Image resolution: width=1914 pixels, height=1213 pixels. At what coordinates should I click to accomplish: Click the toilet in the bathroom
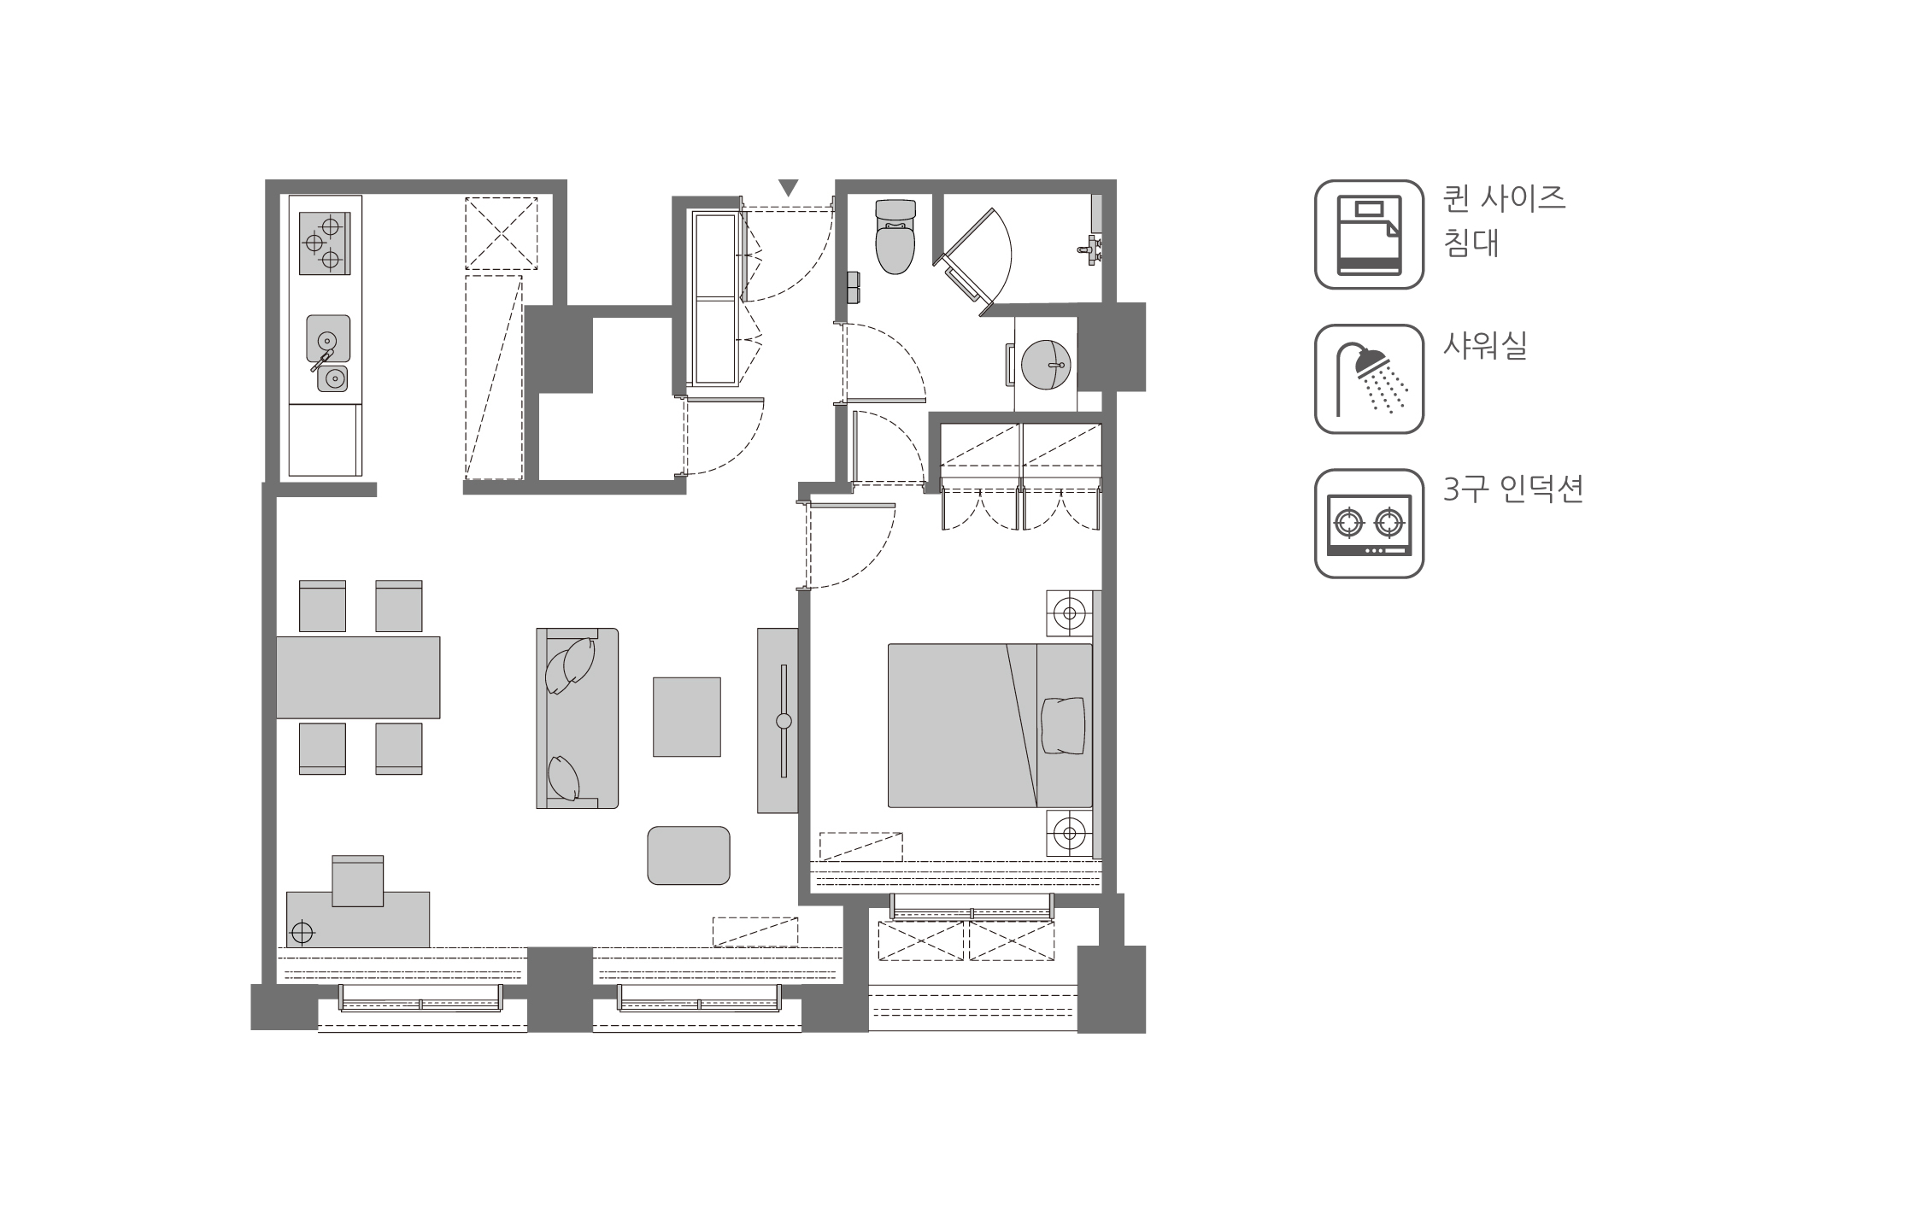pyautogui.click(x=895, y=238)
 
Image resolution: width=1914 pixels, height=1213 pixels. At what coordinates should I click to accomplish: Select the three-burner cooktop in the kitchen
pyautogui.click(x=325, y=243)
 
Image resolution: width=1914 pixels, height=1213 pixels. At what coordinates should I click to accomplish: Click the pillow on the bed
pyautogui.click(x=1063, y=725)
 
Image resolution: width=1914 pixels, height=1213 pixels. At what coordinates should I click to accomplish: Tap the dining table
pyautogui.click(x=358, y=677)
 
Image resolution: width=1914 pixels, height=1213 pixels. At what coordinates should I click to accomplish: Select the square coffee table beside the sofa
pyautogui.click(x=687, y=717)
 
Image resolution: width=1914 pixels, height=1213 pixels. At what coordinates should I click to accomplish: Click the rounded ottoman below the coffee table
pyautogui.click(x=689, y=855)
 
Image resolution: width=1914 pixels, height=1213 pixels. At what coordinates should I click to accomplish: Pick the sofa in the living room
pyautogui.click(x=578, y=718)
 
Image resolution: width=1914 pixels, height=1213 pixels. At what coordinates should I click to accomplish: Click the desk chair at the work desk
pyautogui.click(x=357, y=880)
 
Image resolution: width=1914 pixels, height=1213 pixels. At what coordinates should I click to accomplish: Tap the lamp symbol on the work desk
pyautogui.click(x=302, y=931)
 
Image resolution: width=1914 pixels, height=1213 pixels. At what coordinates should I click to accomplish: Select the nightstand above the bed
pyautogui.click(x=1070, y=612)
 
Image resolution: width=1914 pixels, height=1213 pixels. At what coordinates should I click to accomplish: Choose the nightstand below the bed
pyautogui.click(x=1070, y=831)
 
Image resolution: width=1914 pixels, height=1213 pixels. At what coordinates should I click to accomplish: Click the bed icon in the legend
pyautogui.click(x=1369, y=234)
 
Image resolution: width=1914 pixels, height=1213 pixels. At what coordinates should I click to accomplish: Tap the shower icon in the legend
pyautogui.click(x=1369, y=378)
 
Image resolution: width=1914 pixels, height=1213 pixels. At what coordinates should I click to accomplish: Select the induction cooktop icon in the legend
pyautogui.click(x=1369, y=523)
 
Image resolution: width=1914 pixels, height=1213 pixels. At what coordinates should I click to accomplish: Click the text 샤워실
pyautogui.click(x=1484, y=345)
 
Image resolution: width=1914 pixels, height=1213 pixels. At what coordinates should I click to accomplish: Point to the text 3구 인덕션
pyautogui.click(x=1512, y=489)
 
